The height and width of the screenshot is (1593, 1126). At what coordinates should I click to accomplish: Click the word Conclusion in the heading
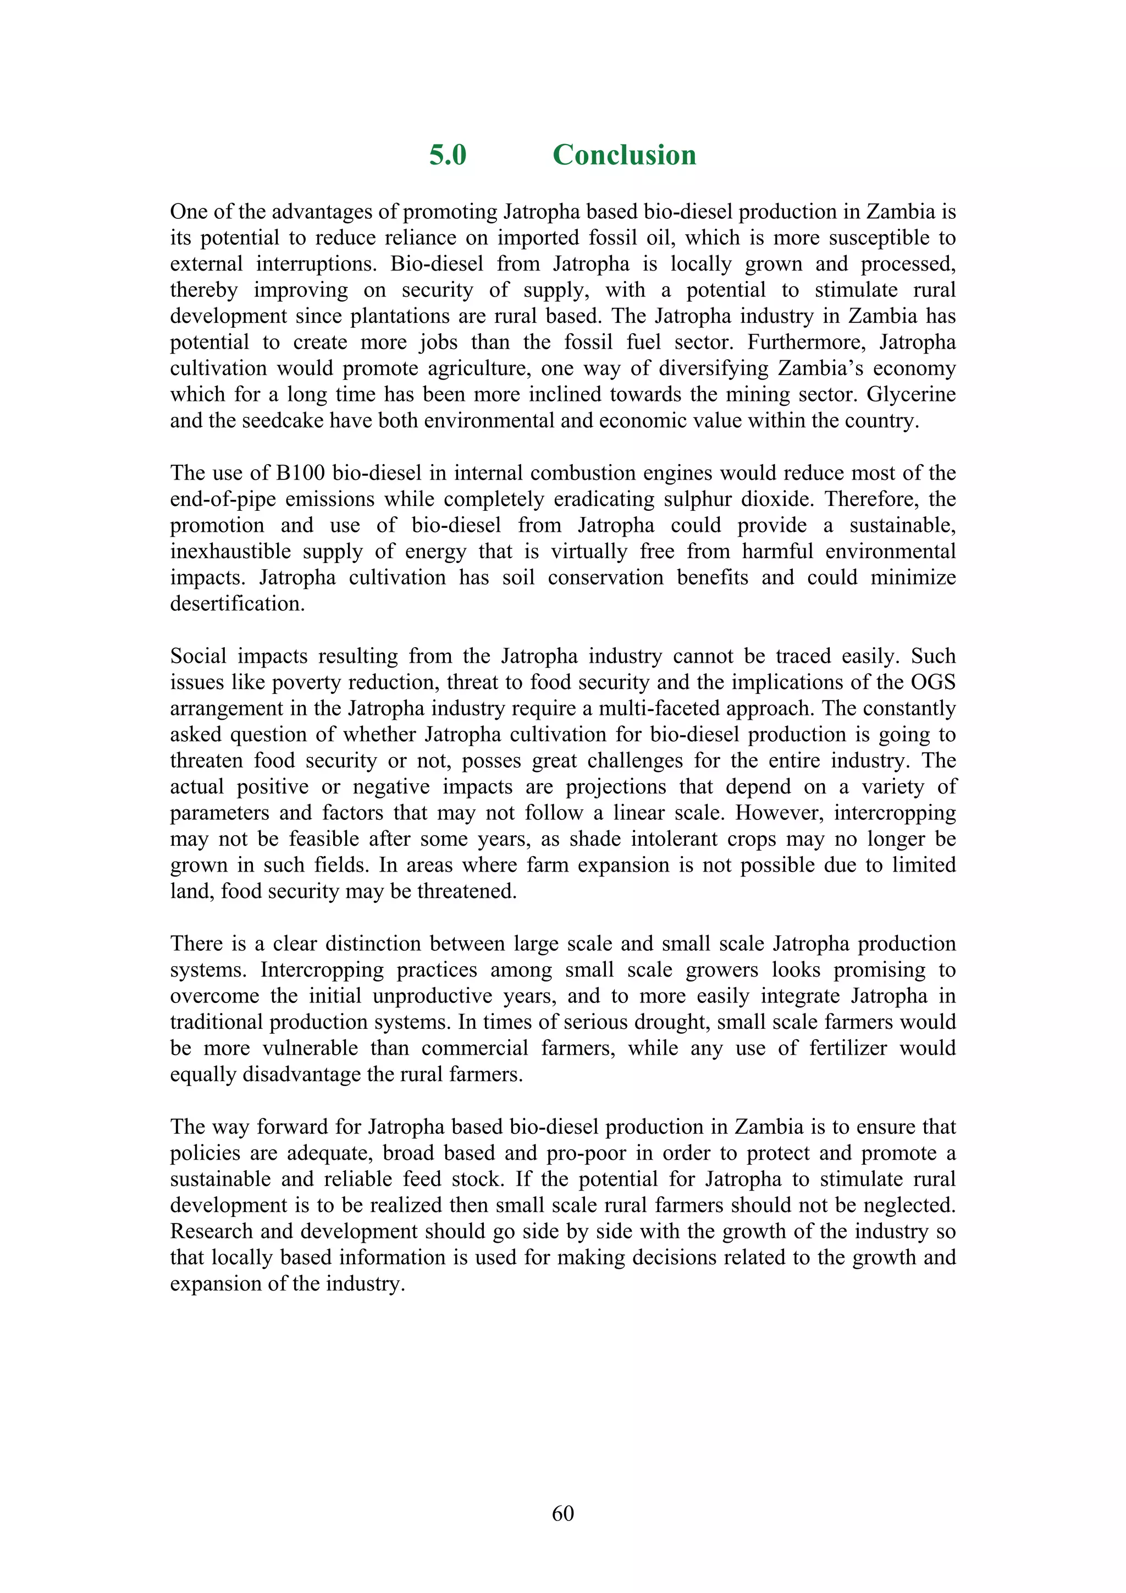click(x=623, y=155)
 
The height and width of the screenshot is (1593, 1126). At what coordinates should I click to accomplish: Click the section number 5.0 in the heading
click(x=448, y=155)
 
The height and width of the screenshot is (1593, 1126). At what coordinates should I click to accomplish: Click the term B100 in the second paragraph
click(x=300, y=473)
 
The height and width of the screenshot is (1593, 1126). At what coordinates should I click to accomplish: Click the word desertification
click(x=238, y=604)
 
